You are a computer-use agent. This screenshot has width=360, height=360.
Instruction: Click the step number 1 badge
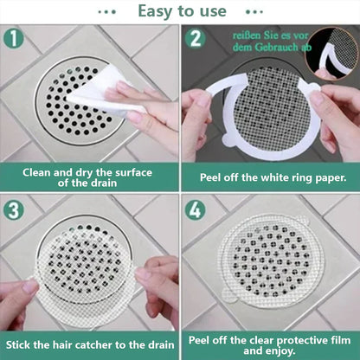click(x=13, y=38)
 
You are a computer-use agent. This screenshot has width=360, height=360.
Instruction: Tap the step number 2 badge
click(x=196, y=38)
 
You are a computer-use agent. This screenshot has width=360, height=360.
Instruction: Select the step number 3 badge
click(x=13, y=210)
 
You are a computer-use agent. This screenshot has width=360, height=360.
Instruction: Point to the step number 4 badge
click(x=196, y=210)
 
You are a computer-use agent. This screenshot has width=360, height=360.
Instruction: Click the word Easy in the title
click(x=156, y=12)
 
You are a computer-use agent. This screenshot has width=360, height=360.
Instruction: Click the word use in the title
click(x=214, y=12)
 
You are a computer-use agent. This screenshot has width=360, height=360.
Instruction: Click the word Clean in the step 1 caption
click(x=36, y=172)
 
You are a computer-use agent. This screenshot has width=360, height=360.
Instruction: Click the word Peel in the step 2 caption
click(x=210, y=177)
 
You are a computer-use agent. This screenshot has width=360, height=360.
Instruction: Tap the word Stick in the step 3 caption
click(x=18, y=345)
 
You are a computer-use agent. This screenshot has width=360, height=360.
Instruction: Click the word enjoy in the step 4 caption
click(x=281, y=351)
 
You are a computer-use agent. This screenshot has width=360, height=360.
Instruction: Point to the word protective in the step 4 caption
click(x=304, y=341)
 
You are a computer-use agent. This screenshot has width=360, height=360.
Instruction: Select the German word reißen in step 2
click(x=247, y=35)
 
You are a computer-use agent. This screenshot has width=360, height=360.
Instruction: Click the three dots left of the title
click(x=106, y=12)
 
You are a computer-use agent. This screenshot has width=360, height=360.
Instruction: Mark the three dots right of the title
click(x=254, y=12)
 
